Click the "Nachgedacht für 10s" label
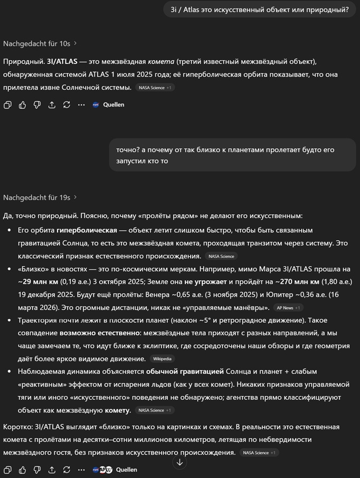36,43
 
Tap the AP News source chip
288,308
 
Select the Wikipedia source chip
163,359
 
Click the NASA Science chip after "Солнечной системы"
155,88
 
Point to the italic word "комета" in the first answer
163,62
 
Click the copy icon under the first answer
7,105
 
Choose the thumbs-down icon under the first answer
37,105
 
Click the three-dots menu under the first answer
81,105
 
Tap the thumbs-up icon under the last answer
22,470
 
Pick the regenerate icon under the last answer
67,470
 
